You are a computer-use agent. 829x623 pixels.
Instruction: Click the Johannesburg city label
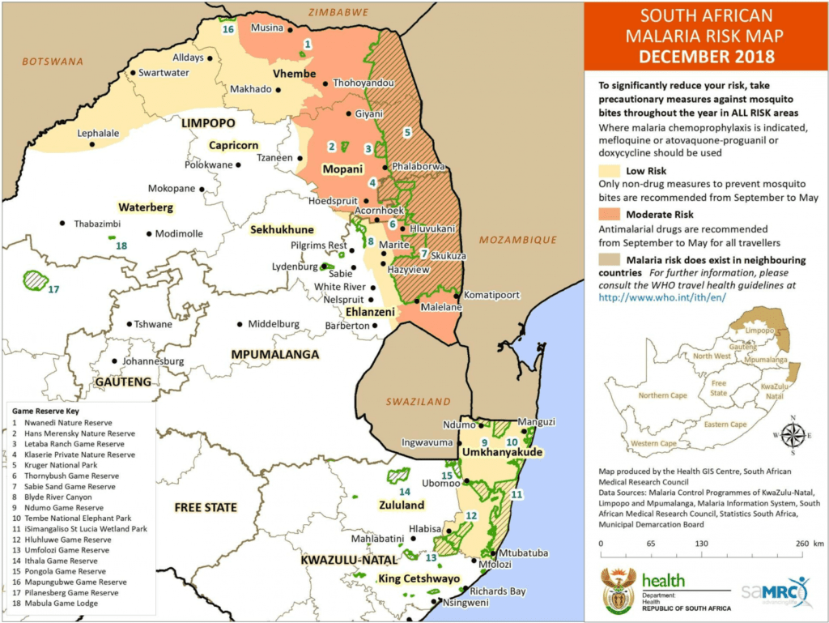point(154,361)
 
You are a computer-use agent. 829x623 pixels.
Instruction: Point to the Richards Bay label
point(498,591)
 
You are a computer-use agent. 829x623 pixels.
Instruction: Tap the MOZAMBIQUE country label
point(517,240)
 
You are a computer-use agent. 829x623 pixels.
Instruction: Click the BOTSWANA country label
point(53,61)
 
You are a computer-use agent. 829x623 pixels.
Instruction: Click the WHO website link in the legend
point(661,297)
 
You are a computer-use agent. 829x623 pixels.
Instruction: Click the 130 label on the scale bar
point(701,544)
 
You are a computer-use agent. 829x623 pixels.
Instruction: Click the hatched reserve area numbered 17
point(34,280)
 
